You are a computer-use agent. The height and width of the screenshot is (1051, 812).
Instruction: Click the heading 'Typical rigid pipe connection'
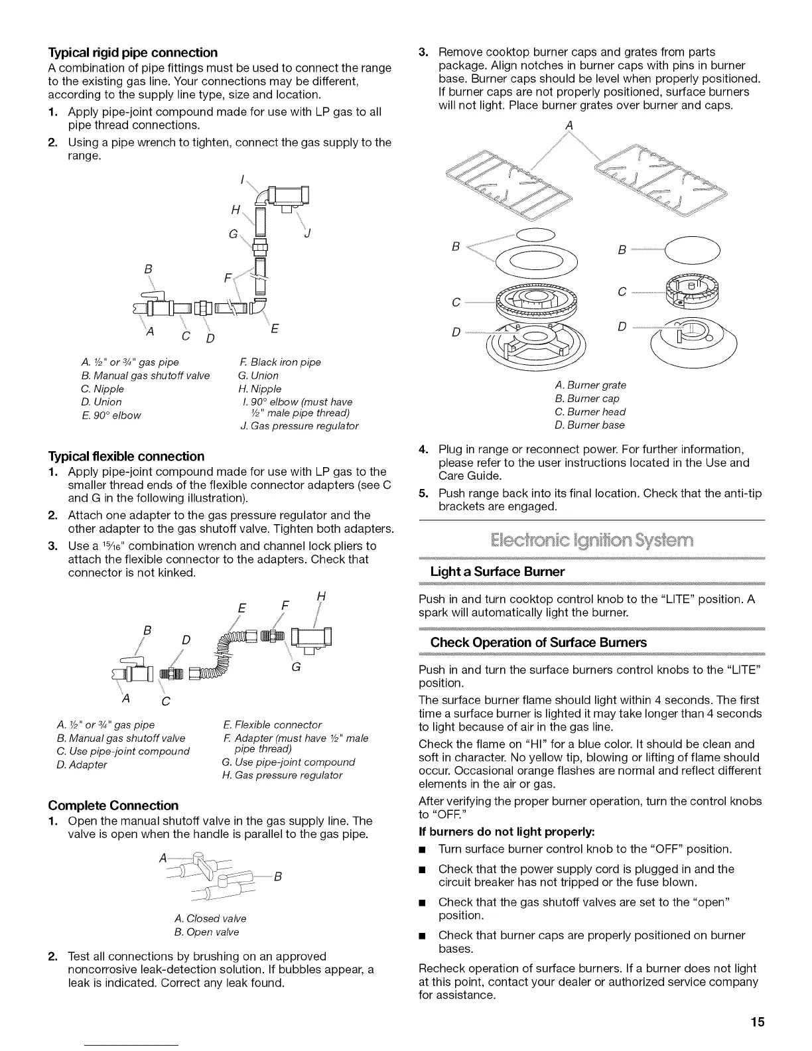(133, 52)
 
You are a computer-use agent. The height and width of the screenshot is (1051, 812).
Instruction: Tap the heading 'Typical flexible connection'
(126, 456)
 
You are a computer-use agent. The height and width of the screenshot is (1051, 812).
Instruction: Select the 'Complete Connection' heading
(113, 806)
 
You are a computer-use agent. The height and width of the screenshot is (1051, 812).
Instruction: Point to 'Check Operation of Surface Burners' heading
(538, 642)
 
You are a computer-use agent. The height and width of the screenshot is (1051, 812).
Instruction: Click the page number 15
(758, 1022)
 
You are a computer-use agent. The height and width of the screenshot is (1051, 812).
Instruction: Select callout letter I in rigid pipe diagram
(243, 178)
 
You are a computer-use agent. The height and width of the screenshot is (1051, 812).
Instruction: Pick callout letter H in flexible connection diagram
(321, 596)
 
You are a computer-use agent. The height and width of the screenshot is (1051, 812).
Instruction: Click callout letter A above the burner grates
(569, 126)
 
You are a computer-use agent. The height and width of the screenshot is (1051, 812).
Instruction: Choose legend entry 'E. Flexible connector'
(273, 725)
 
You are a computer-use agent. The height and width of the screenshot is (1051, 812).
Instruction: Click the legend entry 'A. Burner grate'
(590, 385)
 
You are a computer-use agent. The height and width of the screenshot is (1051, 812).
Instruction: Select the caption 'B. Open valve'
(206, 932)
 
